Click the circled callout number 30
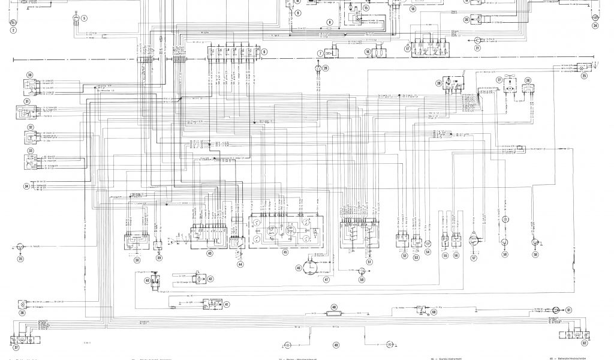pyautogui.click(x=29, y=75)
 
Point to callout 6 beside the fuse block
pyautogui.click(x=263, y=52)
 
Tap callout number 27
pyautogui.click(x=498, y=80)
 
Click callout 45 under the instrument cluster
pyautogui.click(x=285, y=253)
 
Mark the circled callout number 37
pyautogui.click(x=17, y=347)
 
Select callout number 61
pyautogui.click(x=568, y=310)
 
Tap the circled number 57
pyautogui.click(x=474, y=258)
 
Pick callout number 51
pyautogui.click(x=369, y=262)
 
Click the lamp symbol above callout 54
pyautogui.click(x=429, y=243)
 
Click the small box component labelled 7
pyautogui.click(x=333, y=52)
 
